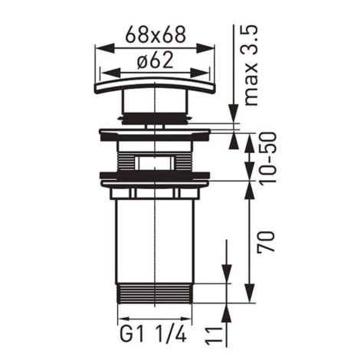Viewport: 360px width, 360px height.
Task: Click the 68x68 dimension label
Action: tap(155, 34)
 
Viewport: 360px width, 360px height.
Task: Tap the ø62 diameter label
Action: tap(155, 61)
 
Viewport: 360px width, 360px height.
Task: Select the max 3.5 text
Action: tap(250, 65)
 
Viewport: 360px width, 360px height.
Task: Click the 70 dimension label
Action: tap(267, 241)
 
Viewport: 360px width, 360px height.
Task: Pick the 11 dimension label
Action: tap(214, 334)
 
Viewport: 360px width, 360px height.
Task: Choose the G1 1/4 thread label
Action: tap(152, 333)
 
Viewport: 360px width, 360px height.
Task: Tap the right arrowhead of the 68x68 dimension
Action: tap(205, 47)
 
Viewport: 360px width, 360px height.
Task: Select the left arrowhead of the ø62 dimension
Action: tap(110, 74)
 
